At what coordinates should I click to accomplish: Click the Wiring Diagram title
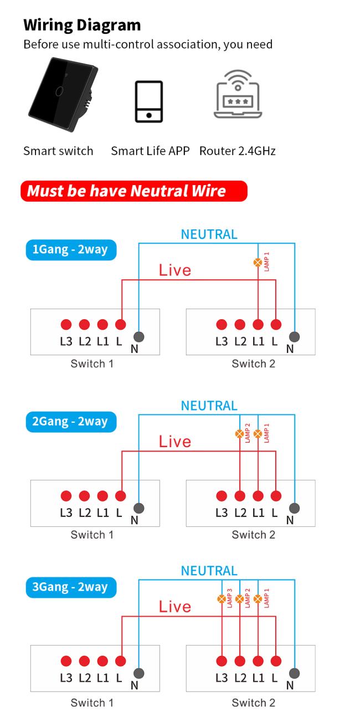coord(82,25)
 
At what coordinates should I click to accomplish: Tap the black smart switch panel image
coord(63,95)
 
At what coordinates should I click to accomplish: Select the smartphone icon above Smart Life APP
coord(148,101)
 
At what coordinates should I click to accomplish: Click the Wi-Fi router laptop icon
coord(238,94)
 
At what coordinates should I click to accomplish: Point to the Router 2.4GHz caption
coord(238,151)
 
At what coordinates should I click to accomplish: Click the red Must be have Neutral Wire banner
coord(133,191)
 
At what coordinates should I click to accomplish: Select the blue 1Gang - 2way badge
coord(71,250)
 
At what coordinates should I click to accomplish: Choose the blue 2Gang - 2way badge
coord(71,422)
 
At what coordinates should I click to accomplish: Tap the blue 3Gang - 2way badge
coord(71,587)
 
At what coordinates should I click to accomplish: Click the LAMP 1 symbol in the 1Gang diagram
coord(258,263)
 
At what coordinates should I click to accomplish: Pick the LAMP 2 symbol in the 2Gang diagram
coord(240,434)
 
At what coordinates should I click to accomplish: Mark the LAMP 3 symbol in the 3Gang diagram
coord(222,599)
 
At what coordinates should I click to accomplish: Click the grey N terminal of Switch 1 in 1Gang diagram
coord(139,337)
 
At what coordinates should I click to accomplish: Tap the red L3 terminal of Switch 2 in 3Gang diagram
coord(222,661)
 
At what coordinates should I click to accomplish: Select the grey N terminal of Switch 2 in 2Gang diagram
coord(294,508)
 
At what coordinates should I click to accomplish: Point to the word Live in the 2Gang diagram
coord(175,442)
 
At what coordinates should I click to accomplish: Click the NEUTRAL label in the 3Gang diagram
coord(209,571)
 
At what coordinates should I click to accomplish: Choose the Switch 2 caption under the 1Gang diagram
coord(254,364)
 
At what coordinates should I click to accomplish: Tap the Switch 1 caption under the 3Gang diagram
coord(92,703)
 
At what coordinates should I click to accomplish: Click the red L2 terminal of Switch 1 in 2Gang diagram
coord(84,496)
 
